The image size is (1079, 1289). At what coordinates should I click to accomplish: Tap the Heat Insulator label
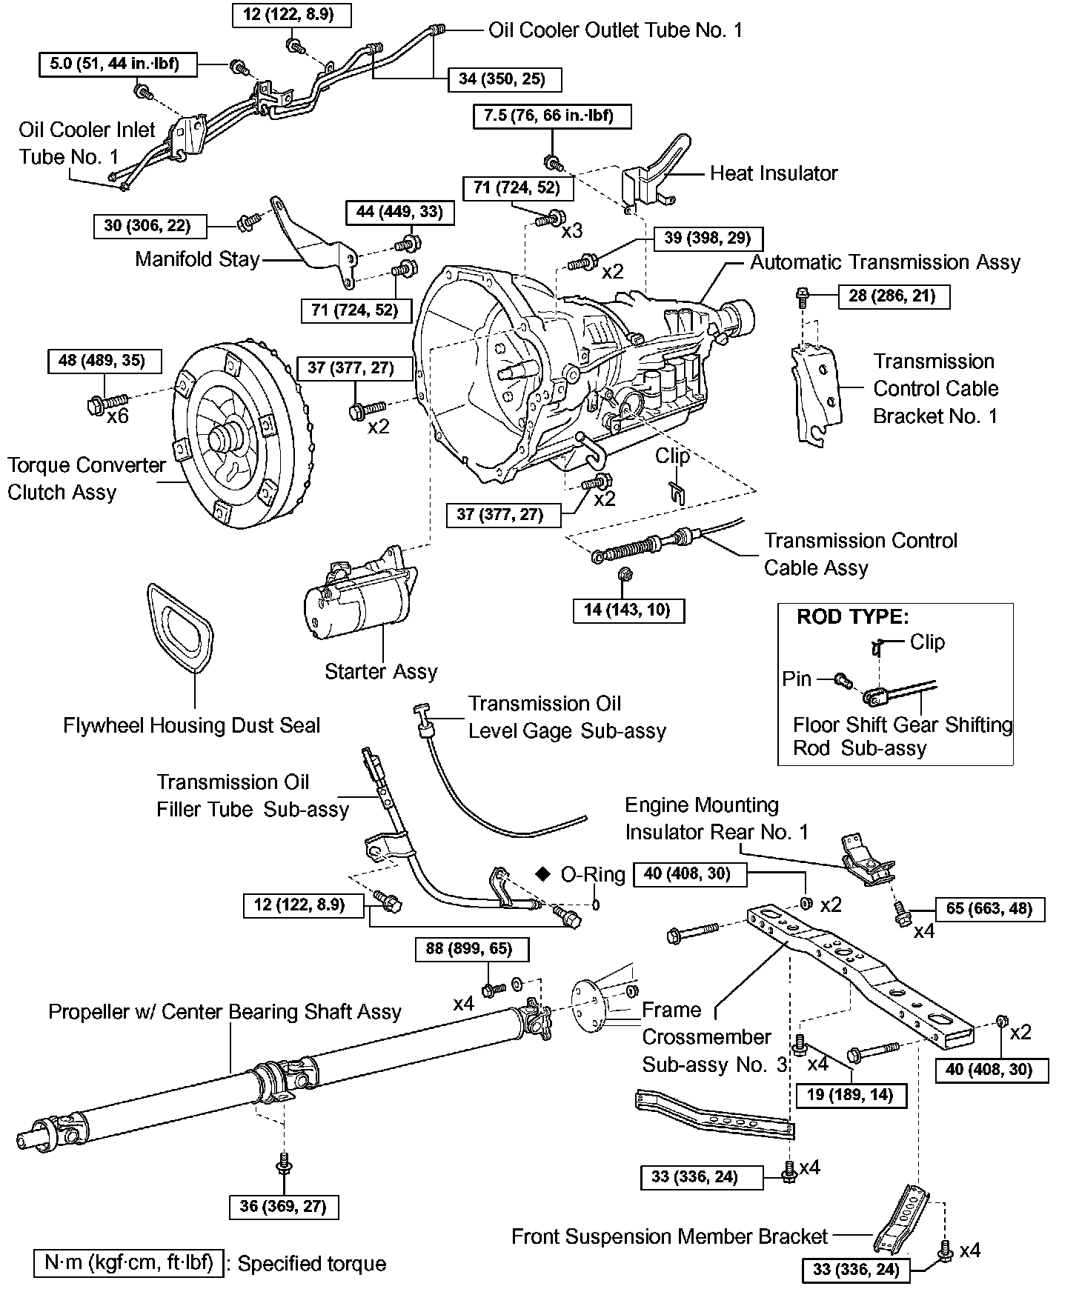pos(774,173)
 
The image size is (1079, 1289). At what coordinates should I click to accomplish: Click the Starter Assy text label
pos(381,671)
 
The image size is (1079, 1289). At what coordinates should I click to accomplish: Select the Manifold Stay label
pos(197,259)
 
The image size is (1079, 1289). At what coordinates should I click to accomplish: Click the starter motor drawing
pos(360,599)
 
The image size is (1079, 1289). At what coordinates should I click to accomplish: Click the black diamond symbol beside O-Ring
pos(543,874)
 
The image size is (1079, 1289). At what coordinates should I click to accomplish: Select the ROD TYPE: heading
pos(852,616)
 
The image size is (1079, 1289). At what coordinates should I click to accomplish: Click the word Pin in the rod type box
pos(797,679)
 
